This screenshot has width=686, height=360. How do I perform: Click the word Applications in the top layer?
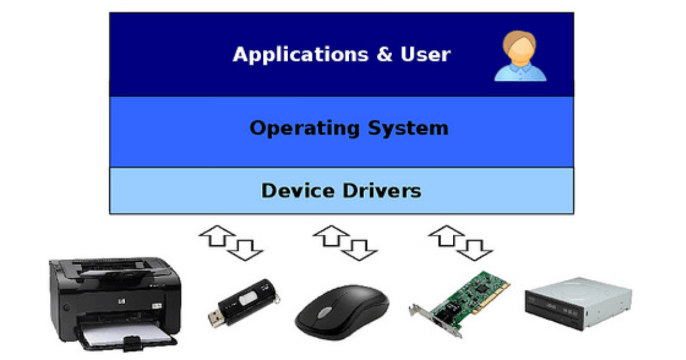[x=300, y=55]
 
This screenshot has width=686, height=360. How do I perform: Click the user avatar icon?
[x=520, y=57]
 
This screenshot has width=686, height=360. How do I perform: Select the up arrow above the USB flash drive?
[x=217, y=235]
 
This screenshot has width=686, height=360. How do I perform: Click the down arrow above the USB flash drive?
[x=244, y=249]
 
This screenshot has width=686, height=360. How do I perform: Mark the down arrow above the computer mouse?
[x=359, y=249]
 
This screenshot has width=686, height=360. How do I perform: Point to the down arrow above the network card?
[x=474, y=249]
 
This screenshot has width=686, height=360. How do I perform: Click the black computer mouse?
[x=341, y=311]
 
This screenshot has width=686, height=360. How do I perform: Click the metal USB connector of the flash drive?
[x=217, y=319]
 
